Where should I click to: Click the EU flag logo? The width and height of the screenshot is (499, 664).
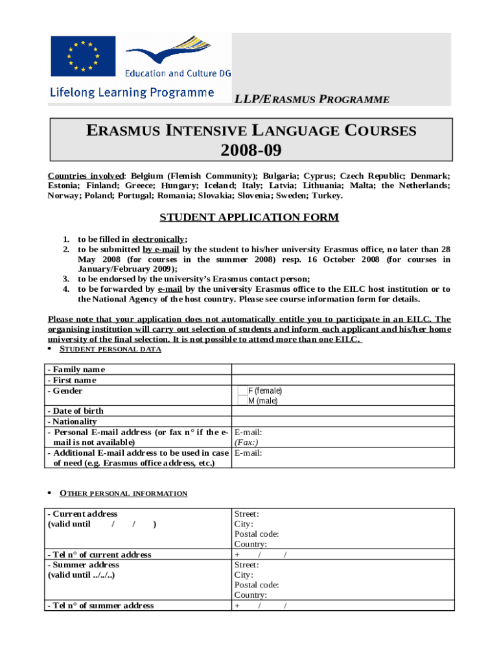83,56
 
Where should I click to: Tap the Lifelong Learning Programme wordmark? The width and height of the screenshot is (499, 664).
132,93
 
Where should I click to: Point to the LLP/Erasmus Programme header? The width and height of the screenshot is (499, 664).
312,99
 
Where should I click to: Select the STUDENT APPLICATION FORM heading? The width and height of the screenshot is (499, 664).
250,217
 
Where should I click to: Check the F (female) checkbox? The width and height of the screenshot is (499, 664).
242,391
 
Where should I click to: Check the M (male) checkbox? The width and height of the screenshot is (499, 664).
242,401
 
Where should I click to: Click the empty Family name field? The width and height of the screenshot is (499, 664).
343,370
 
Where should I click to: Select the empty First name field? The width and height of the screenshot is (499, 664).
343,380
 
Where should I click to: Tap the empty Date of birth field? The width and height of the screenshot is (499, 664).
343,411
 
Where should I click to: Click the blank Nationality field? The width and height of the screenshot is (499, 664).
343,421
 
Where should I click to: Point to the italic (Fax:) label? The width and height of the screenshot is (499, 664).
247,442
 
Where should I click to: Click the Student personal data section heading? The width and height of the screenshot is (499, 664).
110,350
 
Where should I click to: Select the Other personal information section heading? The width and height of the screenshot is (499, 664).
123,493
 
